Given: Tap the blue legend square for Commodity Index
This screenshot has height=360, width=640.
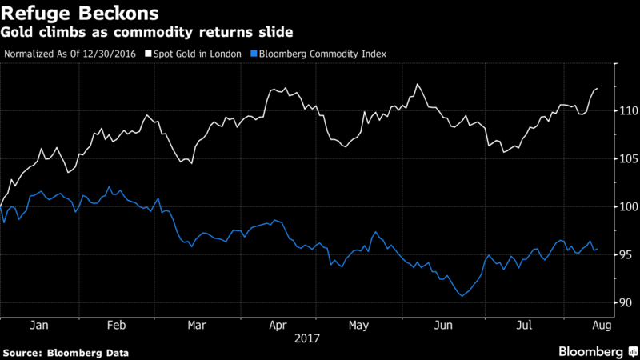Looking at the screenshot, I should click(x=254, y=54).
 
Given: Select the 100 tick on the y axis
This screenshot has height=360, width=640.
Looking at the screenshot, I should click(x=627, y=206).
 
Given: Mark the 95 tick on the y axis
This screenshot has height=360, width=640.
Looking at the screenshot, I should click(x=627, y=254).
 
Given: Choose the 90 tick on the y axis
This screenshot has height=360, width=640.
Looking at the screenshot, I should click(x=627, y=302).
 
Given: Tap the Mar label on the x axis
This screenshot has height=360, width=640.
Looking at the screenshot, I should click(x=196, y=326).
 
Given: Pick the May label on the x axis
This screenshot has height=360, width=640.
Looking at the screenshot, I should click(x=358, y=326).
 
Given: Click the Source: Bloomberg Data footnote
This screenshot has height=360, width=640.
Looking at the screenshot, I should click(x=66, y=352).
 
